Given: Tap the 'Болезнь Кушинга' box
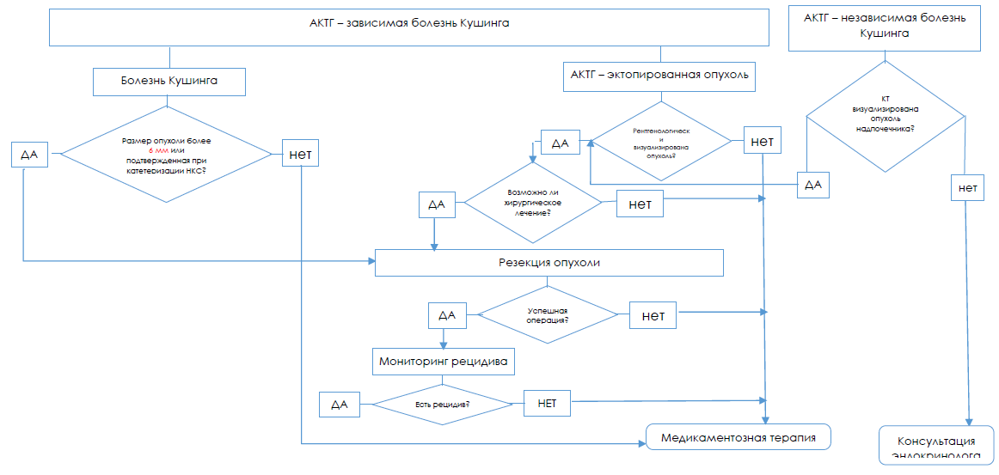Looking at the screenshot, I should point(169,81).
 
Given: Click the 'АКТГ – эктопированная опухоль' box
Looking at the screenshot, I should point(659,75).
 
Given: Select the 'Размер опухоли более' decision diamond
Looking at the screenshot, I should point(167,155).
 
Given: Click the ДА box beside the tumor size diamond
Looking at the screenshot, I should point(30,155).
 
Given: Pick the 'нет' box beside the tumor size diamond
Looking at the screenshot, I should point(301,155).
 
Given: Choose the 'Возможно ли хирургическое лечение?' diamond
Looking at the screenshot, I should point(533,202).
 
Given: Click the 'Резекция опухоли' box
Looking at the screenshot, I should point(549,263).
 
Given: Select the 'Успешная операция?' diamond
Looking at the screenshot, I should point(548,315).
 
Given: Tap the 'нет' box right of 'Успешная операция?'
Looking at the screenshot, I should point(653,315).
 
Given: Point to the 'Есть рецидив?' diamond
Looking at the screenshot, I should point(443,403).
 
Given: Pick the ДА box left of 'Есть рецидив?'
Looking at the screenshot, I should point(340,404).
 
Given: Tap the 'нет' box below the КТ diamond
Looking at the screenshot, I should point(968,187).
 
